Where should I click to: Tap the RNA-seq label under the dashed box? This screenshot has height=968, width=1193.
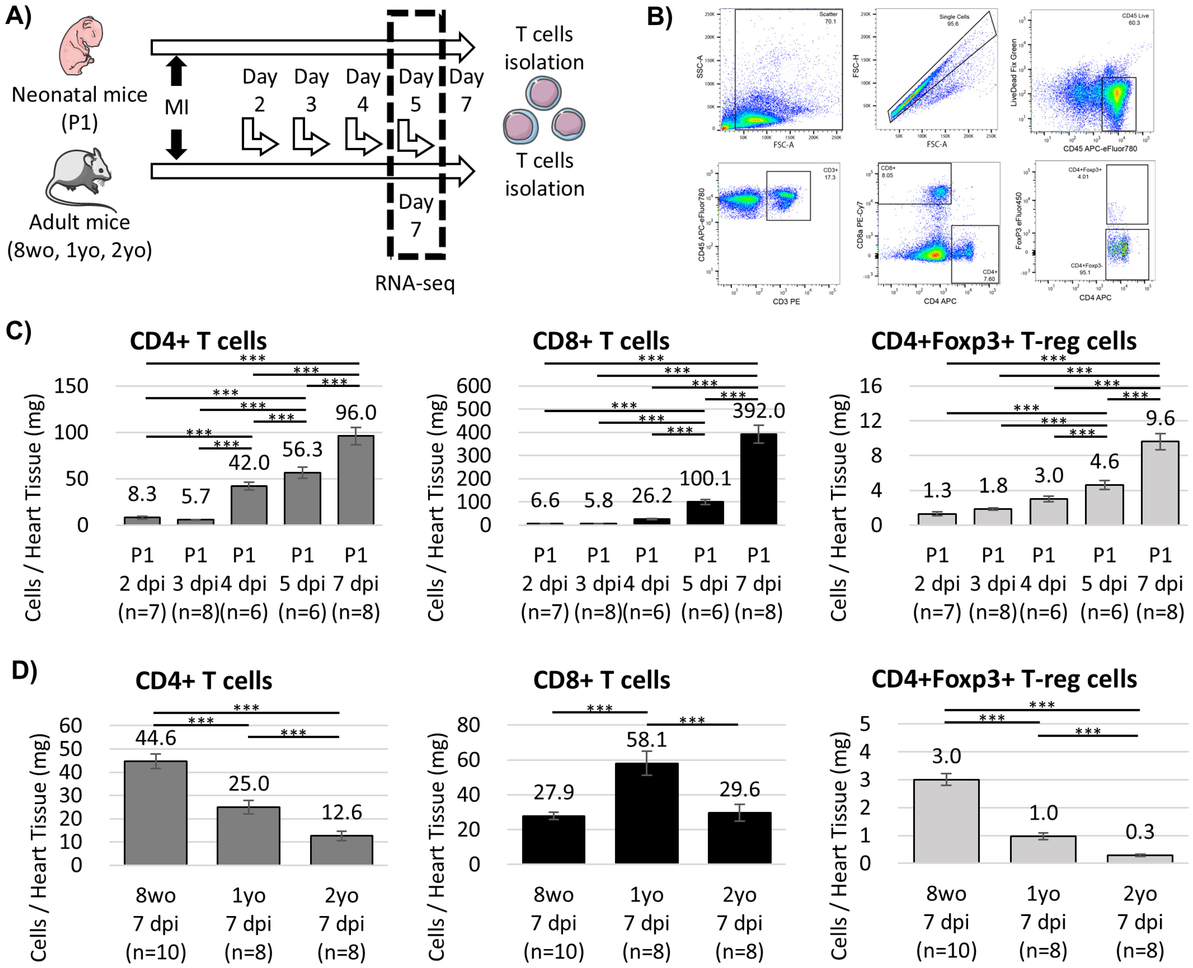[x=415, y=283]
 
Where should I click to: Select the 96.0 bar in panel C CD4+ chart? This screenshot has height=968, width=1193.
[x=355, y=479]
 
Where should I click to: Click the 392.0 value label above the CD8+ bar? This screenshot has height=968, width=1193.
[x=758, y=411]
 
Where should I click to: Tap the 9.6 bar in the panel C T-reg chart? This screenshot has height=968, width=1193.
[x=1160, y=482]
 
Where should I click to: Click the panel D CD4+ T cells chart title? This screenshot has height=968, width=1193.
[x=204, y=681]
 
